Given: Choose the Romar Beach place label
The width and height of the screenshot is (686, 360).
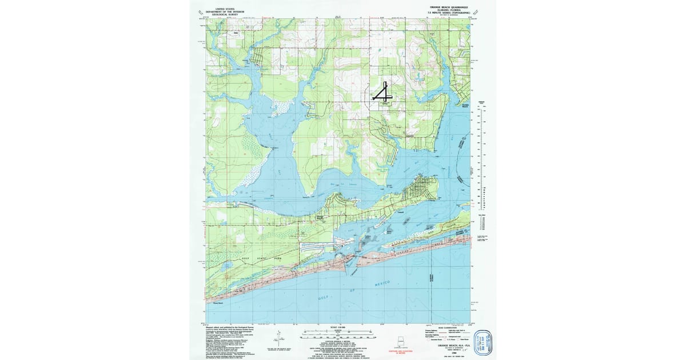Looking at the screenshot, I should pos(219,303).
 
